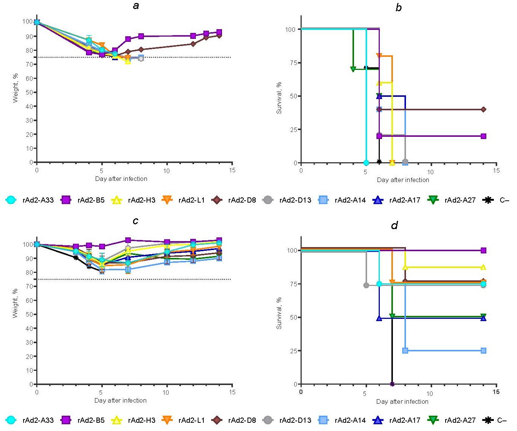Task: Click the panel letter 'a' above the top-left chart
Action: [x=136, y=6]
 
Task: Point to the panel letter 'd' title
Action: [x=394, y=225]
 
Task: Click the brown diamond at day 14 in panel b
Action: [x=483, y=110]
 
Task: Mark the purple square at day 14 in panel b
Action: [x=483, y=136]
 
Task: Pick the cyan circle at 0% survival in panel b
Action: [x=366, y=163]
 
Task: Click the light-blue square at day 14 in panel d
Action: [x=483, y=351]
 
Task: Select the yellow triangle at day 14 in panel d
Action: [x=483, y=267]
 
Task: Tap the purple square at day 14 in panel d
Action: [x=483, y=250]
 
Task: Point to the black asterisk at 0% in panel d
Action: [x=392, y=384]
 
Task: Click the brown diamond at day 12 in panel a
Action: [x=193, y=44]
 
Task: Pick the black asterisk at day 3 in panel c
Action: [x=76, y=258]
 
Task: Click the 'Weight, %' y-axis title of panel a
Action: [x=15, y=88]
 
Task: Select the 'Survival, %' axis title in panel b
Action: [x=279, y=98]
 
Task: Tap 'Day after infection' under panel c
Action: [x=120, y=400]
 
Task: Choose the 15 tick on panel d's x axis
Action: [x=496, y=392]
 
